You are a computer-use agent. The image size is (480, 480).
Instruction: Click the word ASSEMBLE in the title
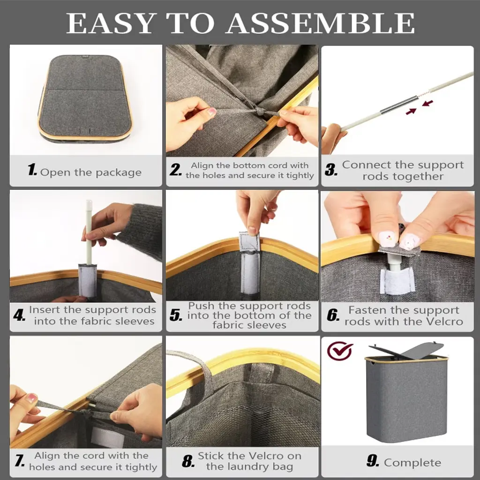pos(321,23)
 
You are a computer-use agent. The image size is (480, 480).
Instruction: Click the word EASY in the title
pos(110,23)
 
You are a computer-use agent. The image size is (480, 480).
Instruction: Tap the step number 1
pos(32,169)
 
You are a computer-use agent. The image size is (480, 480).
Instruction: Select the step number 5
pos(176,315)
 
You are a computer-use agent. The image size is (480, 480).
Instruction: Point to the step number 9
pos(373,461)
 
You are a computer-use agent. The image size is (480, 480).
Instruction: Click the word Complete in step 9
pos(412,463)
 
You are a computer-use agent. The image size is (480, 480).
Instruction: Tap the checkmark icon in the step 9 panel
pos(340,351)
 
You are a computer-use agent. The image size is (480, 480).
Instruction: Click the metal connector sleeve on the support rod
pos(398,105)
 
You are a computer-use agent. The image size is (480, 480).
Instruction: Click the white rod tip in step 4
pos(89,202)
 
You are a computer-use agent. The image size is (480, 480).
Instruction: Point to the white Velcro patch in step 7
pos(108,437)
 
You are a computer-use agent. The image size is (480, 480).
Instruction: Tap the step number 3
pos(331,170)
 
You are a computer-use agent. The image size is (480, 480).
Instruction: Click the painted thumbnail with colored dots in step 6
pos(388,238)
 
